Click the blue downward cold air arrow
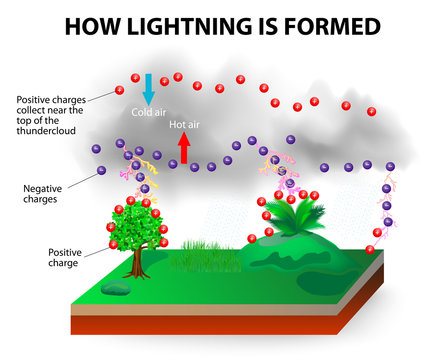(149, 89)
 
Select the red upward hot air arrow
(183, 147)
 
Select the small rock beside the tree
(114, 289)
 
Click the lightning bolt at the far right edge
(388, 200)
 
